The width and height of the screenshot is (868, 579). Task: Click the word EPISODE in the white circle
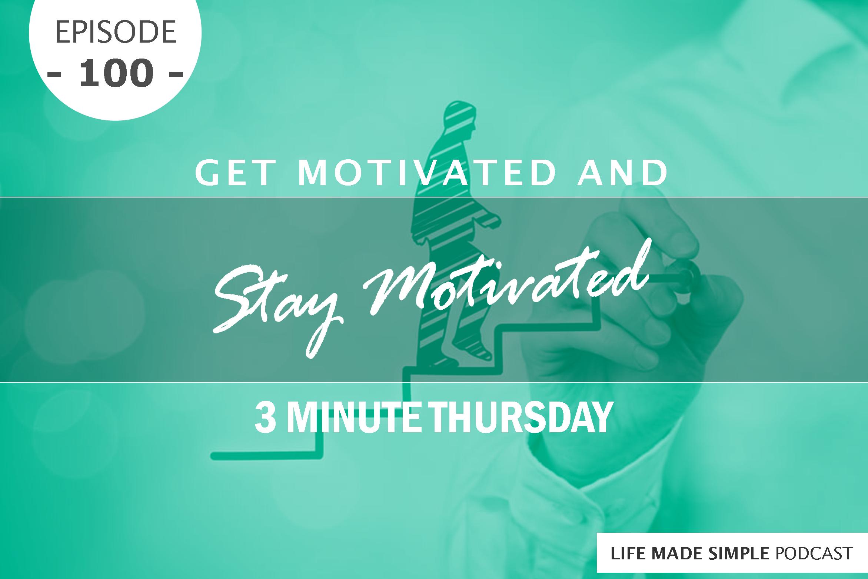pyautogui.click(x=115, y=33)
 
